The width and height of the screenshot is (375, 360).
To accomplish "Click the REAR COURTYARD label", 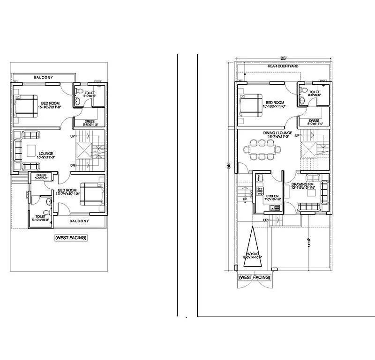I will (x=283, y=67).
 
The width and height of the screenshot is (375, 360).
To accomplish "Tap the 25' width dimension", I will (x=283, y=58).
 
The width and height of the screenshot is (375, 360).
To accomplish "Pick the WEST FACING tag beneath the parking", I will (x=254, y=278).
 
